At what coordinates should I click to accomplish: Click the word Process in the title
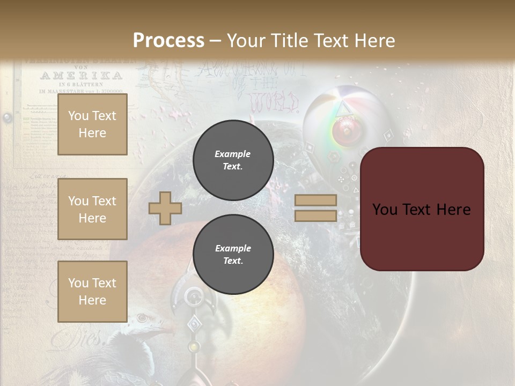(168, 41)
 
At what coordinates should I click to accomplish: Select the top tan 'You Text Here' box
(92, 124)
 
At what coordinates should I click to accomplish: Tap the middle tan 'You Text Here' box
(92, 209)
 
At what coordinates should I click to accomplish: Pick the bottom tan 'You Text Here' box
(92, 291)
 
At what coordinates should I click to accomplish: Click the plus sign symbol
(165, 208)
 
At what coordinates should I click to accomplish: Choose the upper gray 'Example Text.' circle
(233, 160)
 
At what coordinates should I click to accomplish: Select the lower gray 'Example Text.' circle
(233, 255)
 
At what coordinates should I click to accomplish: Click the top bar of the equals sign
(315, 201)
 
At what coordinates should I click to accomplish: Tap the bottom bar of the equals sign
(315, 216)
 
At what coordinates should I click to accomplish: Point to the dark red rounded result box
(422, 209)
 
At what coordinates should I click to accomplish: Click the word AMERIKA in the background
(81, 76)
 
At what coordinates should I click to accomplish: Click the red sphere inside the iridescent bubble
(344, 130)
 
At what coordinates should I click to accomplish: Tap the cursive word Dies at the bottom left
(78, 338)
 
